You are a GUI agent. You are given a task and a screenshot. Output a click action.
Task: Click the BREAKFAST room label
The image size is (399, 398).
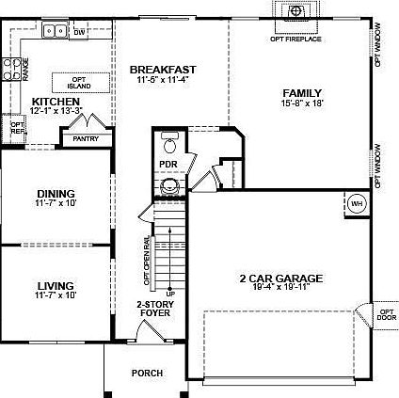tap(163, 69)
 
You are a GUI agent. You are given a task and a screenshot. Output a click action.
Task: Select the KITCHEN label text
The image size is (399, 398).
tap(54, 101)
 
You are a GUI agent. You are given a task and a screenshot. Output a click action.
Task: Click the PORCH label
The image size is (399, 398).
tap(147, 374)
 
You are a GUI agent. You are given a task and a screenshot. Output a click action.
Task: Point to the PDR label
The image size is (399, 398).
tap(169, 164)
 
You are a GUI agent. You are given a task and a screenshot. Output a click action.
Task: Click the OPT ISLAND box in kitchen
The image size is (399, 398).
tap(79, 83)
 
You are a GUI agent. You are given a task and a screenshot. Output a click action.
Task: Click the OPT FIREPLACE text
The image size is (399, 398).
tap(296, 39)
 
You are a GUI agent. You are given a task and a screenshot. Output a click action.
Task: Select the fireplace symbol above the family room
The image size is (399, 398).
tap(296, 11)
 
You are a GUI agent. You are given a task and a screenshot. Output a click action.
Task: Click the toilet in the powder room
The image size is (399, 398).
tap(169, 144)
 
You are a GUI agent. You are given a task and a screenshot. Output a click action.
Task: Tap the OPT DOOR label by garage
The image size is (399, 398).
tap(386, 314)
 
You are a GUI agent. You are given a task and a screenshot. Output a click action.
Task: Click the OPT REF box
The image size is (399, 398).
tap(16, 127)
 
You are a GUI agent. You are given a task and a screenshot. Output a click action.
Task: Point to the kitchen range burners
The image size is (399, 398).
tap(13, 67)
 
